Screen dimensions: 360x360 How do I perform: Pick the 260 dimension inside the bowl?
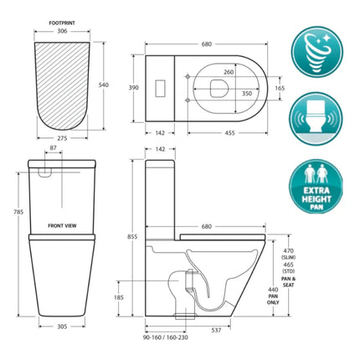click(x=229, y=72)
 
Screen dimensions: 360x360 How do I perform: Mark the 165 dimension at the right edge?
click(x=280, y=87)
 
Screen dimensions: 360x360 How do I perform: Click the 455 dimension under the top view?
click(x=228, y=132)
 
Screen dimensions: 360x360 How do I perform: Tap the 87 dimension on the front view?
click(x=53, y=149)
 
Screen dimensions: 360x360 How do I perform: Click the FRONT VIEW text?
click(x=64, y=225)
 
